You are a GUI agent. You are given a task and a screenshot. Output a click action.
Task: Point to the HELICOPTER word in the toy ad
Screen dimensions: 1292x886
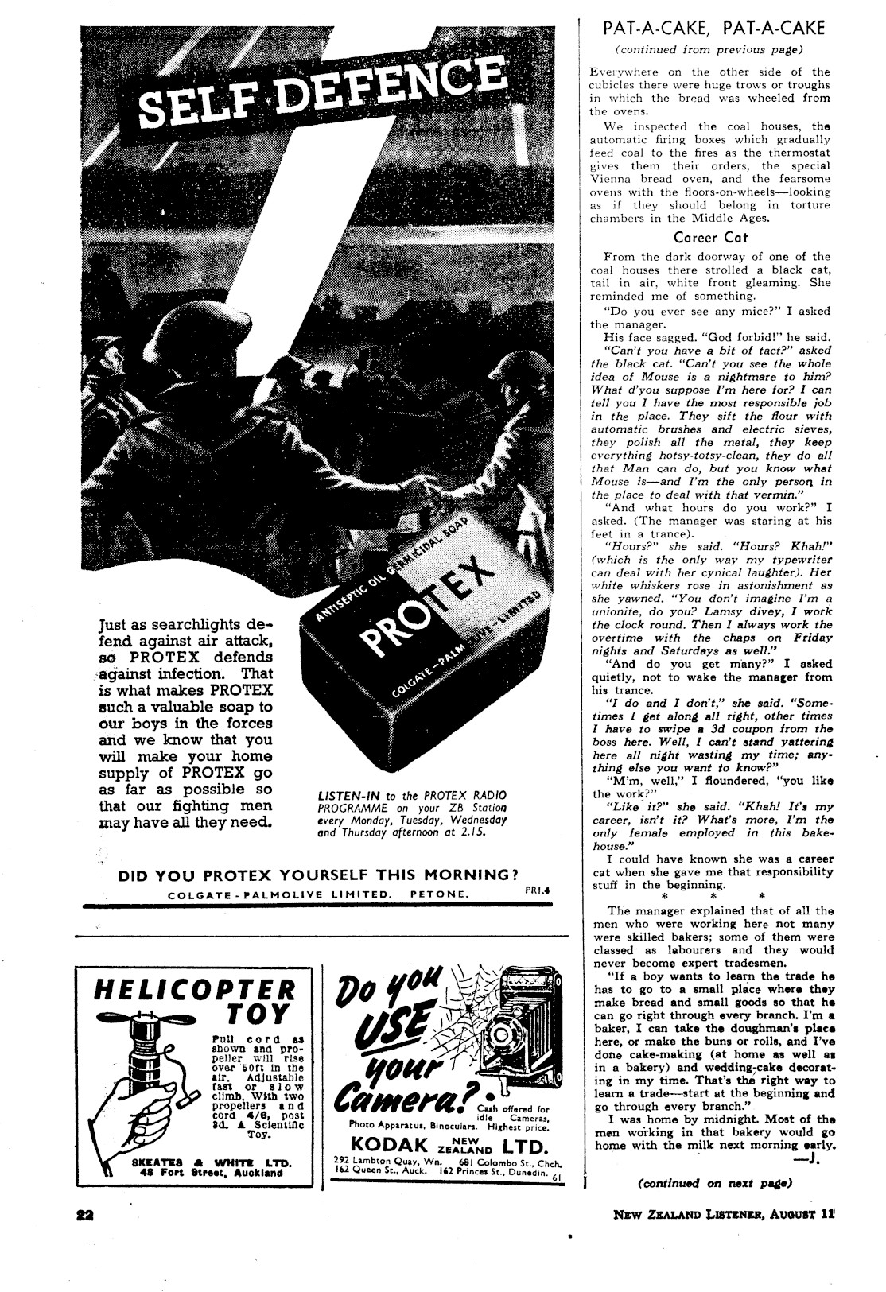pyautogui.click(x=195, y=990)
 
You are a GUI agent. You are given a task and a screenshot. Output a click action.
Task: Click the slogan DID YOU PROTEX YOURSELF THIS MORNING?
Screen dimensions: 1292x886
pyautogui.click(x=313, y=875)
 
